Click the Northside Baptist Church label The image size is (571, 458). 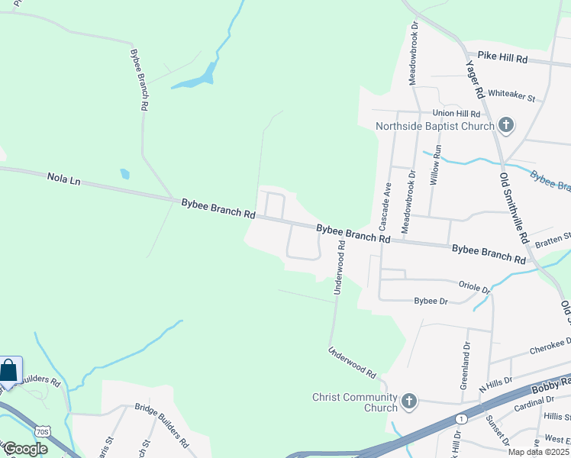pyautogui.click(x=434, y=126)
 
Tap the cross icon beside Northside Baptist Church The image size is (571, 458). pyautogui.click(x=505, y=125)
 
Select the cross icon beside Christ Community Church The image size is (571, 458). pyautogui.click(x=409, y=401)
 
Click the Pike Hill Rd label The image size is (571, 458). pyautogui.click(x=502, y=58)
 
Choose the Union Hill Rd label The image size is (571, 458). pyautogui.click(x=454, y=113)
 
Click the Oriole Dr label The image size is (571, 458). pyautogui.click(x=474, y=287)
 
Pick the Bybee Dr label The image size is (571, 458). pyautogui.click(x=431, y=302)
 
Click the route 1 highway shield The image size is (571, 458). pyautogui.click(x=461, y=419)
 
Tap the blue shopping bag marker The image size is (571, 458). pyautogui.click(x=9, y=371)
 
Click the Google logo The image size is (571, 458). pyautogui.click(x=25, y=449)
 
